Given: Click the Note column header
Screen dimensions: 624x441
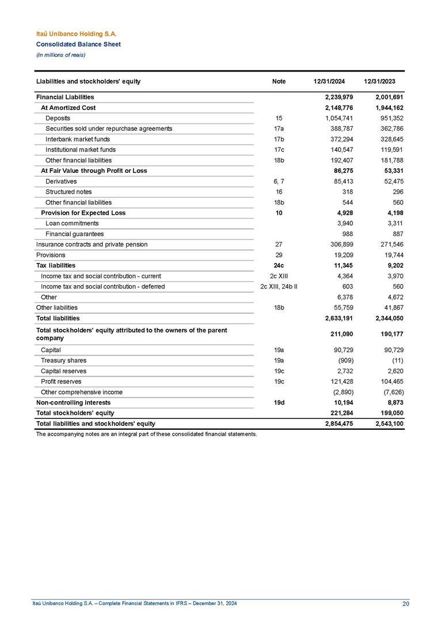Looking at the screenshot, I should (279, 82).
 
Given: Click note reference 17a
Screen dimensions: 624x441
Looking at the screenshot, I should (279, 128).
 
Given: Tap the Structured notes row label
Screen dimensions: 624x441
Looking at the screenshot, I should (68, 192).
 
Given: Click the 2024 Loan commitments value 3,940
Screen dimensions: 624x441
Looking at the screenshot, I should (343, 223).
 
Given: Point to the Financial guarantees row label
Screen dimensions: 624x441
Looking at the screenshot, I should (74, 234).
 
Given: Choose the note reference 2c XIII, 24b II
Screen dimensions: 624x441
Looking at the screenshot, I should (279, 286).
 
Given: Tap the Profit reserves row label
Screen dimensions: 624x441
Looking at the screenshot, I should (61, 381).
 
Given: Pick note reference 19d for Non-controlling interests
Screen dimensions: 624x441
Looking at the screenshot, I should (279, 402).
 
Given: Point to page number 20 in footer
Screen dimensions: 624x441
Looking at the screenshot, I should (406, 603).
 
